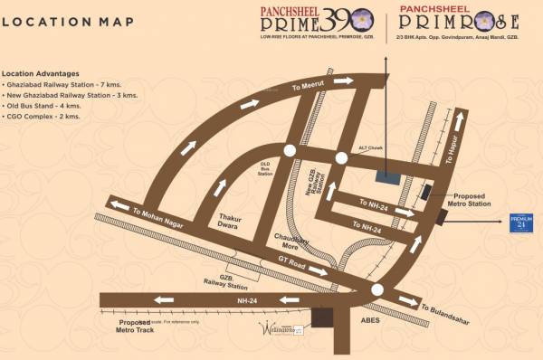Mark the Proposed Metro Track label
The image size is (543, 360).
click(127, 328)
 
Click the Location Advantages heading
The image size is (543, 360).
click(40, 72)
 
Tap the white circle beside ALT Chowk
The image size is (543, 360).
click(341, 157)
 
